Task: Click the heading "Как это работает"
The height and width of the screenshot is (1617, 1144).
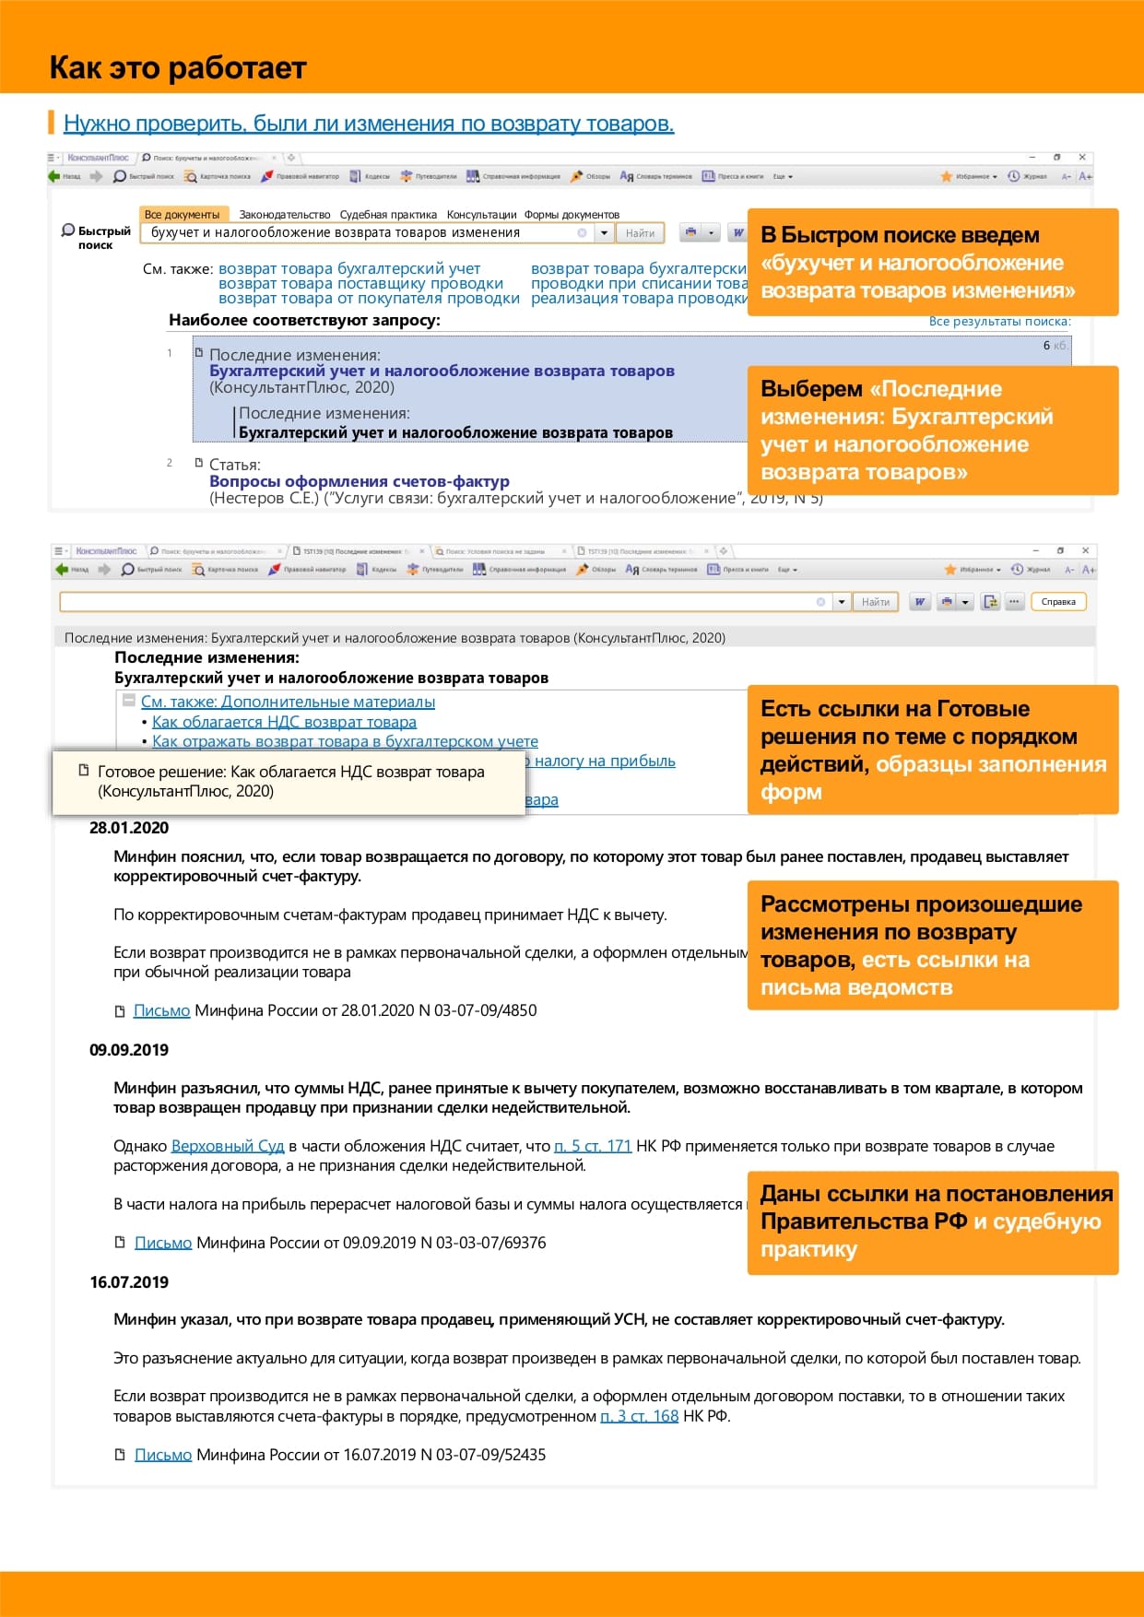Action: coord(177,68)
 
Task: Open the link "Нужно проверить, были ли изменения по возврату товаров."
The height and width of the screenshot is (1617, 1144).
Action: coord(369,124)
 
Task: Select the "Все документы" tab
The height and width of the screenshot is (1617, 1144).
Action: coord(182,215)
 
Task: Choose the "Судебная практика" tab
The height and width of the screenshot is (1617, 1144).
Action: coord(388,215)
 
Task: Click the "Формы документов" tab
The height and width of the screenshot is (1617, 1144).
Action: coord(572,215)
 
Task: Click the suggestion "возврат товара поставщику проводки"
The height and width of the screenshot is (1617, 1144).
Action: coord(360,284)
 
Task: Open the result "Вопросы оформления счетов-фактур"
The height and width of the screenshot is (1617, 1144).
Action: coord(359,481)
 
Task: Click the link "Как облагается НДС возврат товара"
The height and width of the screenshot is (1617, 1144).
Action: coord(284,722)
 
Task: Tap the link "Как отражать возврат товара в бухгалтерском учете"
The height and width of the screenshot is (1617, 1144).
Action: coord(345,741)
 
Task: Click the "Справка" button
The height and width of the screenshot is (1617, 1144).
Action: coord(1058,602)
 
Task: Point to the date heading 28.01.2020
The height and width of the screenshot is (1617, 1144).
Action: coord(129,828)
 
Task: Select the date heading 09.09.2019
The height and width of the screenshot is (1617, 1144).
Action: coord(129,1050)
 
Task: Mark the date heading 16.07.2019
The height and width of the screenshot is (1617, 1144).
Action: coord(129,1282)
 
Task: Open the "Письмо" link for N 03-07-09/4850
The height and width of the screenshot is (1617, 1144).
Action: coord(161,1010)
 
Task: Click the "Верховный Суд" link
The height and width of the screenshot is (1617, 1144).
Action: coord(228,1146)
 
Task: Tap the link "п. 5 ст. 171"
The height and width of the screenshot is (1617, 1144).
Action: coord(592,1146)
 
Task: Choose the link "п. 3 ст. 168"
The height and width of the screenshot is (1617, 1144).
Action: coord(639,1416)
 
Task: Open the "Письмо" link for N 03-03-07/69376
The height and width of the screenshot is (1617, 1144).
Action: coord(163,1243)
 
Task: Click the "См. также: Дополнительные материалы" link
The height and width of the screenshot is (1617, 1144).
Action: coord(288,702)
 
